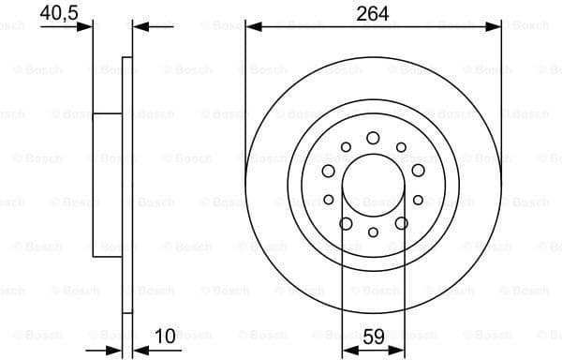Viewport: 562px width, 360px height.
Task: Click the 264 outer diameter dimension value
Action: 373,13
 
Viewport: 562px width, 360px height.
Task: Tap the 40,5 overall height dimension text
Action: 58,13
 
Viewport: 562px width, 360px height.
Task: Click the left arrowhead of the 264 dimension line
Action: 252,28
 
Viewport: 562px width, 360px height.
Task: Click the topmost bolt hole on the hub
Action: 373,138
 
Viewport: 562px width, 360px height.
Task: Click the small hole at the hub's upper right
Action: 401,147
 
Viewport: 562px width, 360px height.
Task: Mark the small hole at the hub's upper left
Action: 346,147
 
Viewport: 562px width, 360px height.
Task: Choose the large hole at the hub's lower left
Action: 346,222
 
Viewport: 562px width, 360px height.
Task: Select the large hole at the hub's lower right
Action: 401,222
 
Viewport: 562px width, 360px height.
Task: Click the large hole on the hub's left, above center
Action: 329,171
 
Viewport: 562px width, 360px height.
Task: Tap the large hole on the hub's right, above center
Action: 418,171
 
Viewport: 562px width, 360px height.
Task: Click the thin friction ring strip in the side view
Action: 128,184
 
